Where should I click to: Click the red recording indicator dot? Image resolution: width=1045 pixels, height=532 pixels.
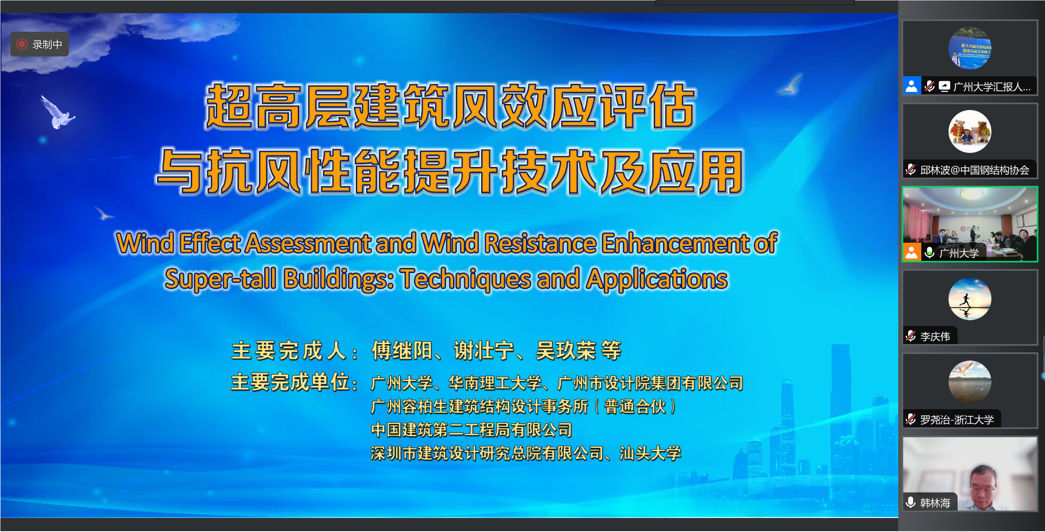coord(22,44)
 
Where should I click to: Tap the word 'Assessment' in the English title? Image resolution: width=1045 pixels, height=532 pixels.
coord(309,243)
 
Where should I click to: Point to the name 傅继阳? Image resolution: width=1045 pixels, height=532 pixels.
coord(402,351)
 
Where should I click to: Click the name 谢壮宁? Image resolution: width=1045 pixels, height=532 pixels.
coord(484,351)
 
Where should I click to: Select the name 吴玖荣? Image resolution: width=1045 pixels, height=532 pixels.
coord(566,351)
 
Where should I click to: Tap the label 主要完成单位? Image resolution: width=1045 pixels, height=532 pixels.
coord(290,382)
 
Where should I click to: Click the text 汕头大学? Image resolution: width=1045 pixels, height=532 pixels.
coord(650,453)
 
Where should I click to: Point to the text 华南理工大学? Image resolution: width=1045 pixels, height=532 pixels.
coord(495,383)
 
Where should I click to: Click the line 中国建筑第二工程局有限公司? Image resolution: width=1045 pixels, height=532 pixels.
coord(472,430)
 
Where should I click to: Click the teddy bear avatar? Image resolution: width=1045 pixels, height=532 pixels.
coord(970,131)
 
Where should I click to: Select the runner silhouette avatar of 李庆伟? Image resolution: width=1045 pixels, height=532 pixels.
coord(970,299)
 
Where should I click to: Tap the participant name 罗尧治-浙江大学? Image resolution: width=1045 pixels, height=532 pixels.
coord(957,420)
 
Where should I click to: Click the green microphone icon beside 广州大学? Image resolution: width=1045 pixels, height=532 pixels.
coord(930,252)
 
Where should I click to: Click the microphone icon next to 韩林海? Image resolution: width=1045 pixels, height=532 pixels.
coord(911,502)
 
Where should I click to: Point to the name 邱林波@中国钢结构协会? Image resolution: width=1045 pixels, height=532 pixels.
coord(975,170)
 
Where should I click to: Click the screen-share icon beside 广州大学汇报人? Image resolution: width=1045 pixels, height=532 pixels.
coord(944,86)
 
